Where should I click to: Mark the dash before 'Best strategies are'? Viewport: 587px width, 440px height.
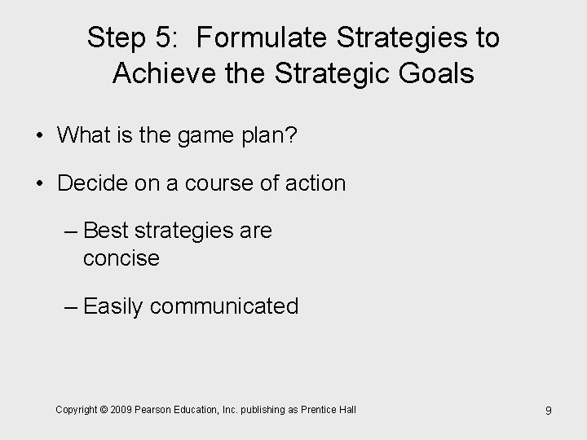(x=71, y=231)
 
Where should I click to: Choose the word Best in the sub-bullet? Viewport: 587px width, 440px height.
(x=104, y=231)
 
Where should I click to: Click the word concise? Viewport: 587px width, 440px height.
(x=121, y=258)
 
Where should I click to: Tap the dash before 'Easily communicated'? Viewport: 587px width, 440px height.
(x=71, y=307)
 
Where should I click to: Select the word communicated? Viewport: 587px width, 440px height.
(x=224, y=307)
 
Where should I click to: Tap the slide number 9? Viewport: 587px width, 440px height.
(x=548, y=411)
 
